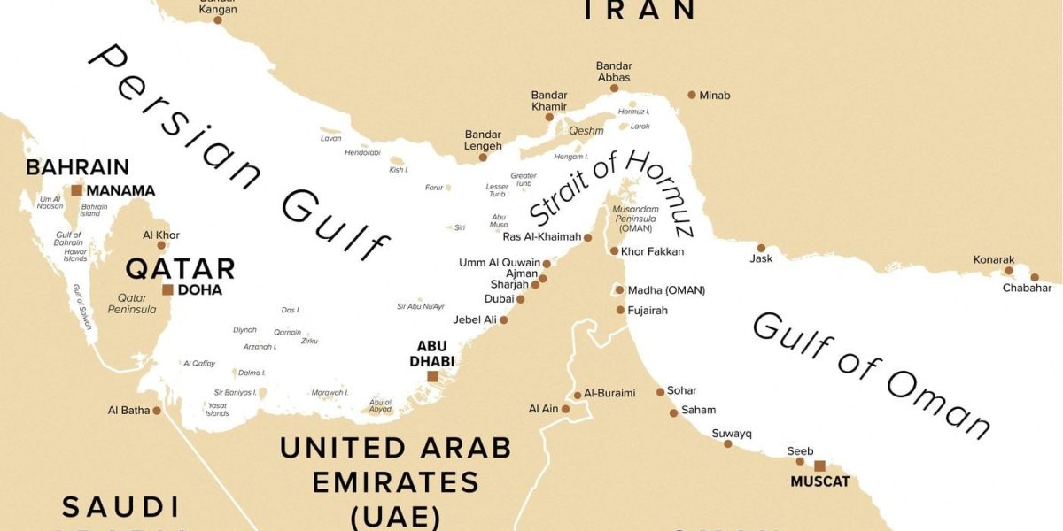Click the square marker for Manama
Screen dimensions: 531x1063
pos(77,189)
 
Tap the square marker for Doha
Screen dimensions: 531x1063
pos(167,289)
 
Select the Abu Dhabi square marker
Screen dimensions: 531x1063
pos(432,376)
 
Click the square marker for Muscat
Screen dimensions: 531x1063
pos(819,466)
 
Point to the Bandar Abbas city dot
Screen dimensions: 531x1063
pos(614,88)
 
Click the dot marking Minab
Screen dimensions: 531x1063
pos(692,95)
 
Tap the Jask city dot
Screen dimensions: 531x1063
pos(761,248)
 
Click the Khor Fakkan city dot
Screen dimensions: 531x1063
pos(614,251)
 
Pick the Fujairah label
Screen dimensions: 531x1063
pos(648,311)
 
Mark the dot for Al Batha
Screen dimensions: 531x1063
pos(157,410)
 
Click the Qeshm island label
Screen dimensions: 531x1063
pos(586,130)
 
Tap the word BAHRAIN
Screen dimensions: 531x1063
pos(78,167)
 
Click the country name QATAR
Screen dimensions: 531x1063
pos(180,268)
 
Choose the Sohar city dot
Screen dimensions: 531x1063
pos(660,391)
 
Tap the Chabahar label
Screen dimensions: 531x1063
pos(1027,288)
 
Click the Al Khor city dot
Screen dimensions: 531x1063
pos(161,245)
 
